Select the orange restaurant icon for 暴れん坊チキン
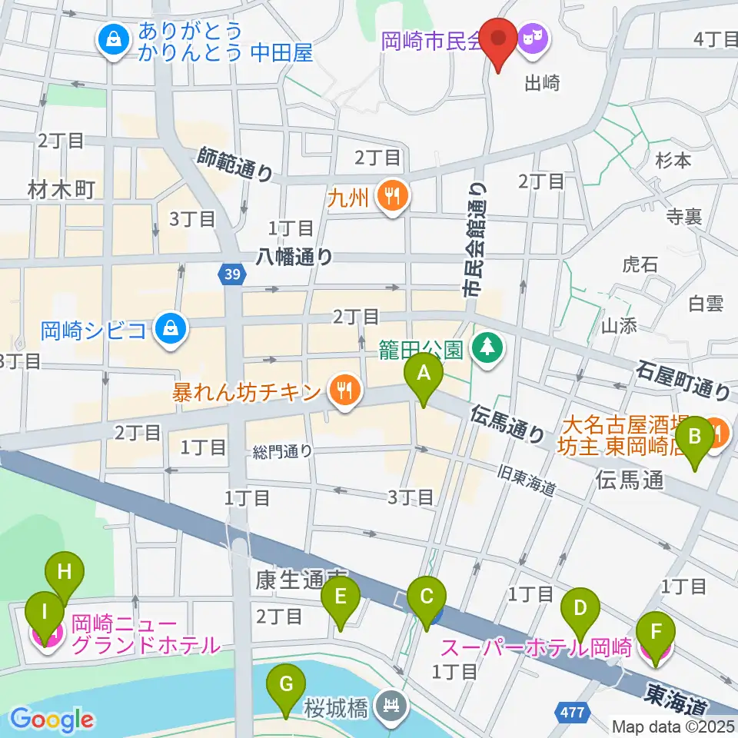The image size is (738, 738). [341, 392]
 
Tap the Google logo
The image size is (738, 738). [52, 719]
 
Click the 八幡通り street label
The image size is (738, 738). [297, 256]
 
